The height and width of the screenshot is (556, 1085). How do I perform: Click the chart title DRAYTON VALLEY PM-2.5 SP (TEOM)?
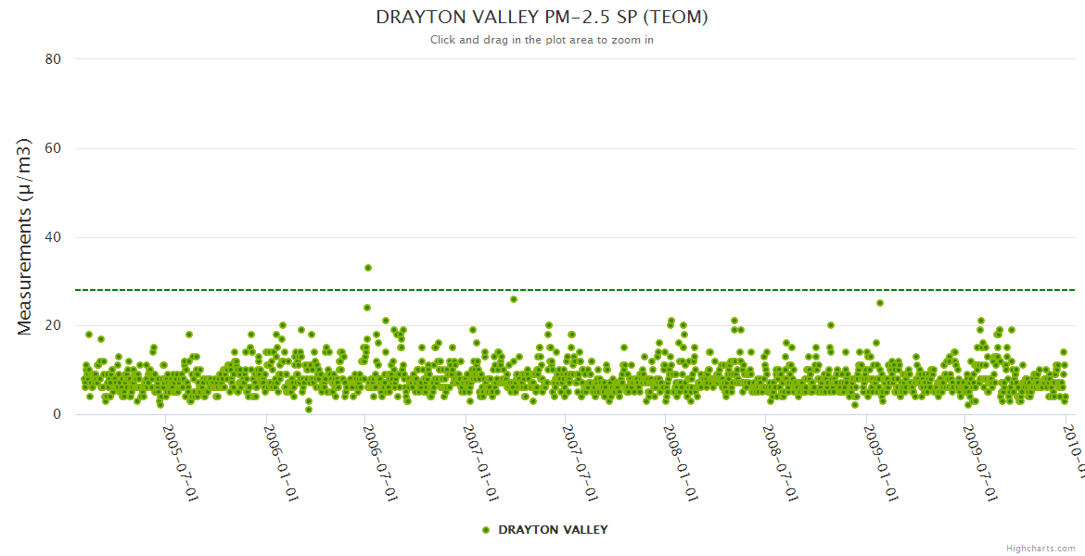(x=542, y=17)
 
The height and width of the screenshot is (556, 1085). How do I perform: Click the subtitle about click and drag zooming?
(x=542, y=40)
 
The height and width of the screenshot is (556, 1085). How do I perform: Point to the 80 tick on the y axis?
(x=53, y=59)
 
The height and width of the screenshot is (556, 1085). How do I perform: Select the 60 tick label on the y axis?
(x=53, y=148)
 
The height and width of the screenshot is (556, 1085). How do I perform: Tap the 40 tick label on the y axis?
(x=53, y=237)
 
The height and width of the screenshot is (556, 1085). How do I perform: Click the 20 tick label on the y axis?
(x=53, y=325)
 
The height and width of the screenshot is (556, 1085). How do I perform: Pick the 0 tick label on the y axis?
(x=57, y=414)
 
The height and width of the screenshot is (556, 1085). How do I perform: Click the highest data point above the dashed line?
(x=368, y=268)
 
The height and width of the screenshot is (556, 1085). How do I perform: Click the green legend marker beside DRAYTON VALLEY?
(x=486, y=530)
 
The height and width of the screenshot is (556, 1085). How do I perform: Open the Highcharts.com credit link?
(x=1040, y=549)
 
